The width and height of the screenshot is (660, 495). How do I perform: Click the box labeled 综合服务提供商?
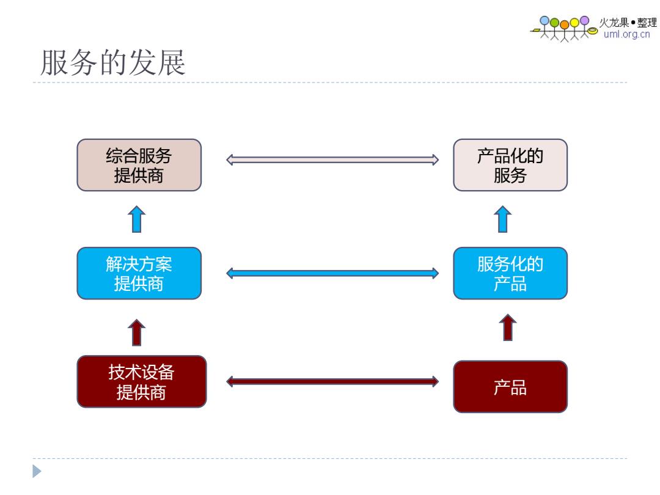(x=139, y=165)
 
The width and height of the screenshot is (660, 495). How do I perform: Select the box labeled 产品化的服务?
(x=510, y=165)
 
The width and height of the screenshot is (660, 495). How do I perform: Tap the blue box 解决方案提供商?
(x=139, y=273)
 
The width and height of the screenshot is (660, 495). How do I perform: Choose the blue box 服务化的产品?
(x=510, y=273)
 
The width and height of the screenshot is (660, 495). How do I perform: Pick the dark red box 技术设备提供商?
(x=141, y=381)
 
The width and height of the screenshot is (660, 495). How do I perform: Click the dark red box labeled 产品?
(x=510, y=386)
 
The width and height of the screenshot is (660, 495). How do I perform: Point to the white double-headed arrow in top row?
(x=332, y=159)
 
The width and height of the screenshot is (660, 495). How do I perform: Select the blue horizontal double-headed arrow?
(x=332, y=273)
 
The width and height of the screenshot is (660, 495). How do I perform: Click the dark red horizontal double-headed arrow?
(x=332, y=382)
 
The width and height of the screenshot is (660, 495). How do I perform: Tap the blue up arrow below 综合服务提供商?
(x=136, y=219)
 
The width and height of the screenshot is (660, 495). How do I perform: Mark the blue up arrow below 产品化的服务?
(x=502, y=219)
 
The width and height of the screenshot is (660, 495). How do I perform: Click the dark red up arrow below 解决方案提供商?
(x=136, y=332)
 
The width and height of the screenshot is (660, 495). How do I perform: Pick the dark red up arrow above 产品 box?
(x=508, y=327)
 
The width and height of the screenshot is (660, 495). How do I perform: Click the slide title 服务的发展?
(x=113, y=62)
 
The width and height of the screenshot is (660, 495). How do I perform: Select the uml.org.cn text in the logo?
(x=627, y=34)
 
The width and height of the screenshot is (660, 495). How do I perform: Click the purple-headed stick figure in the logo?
(x=585, y=28)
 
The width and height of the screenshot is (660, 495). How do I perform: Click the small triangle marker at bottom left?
(x=37, y=471)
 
